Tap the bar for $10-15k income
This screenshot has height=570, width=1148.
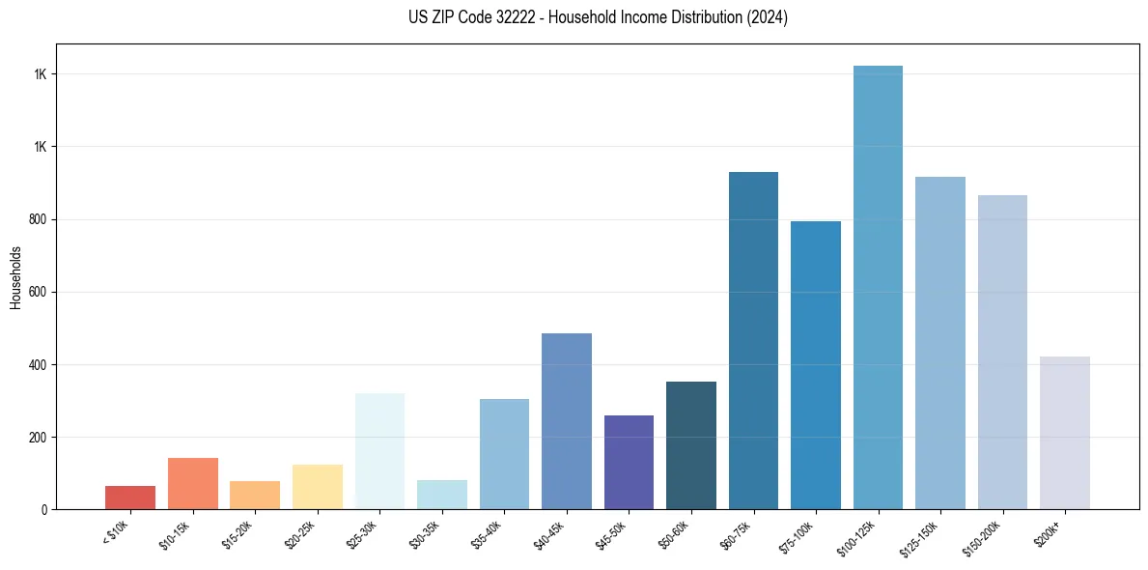192,483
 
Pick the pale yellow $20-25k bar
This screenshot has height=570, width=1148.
317,487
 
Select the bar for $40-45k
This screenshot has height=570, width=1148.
566,421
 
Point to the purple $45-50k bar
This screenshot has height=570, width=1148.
629,462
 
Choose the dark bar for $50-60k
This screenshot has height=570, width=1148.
691,445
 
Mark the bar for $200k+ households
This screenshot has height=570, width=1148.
1064,433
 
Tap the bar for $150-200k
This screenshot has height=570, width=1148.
1002,352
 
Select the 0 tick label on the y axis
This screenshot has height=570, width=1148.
43,510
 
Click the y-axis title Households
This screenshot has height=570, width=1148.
15,277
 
